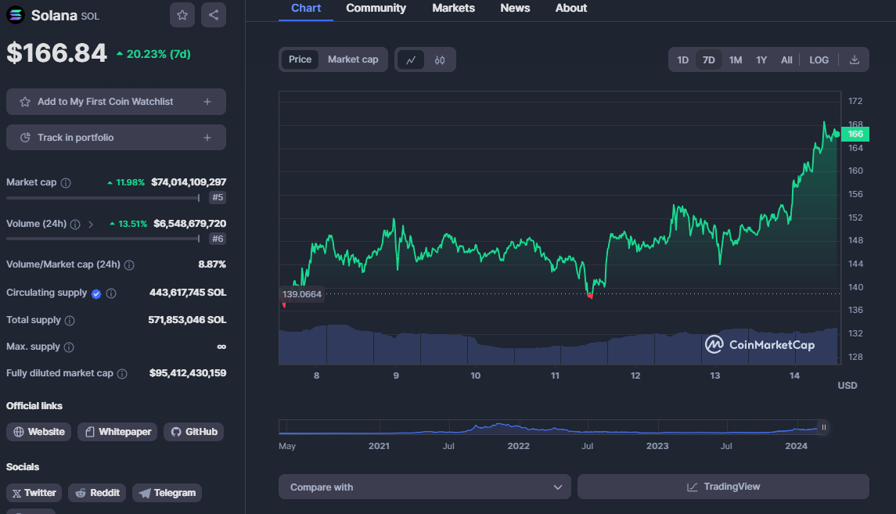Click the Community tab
click(376, 8)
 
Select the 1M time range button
click(736, 60)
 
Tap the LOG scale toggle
click(819, 60)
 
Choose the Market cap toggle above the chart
click(353, 59)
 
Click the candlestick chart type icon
click(440, 60)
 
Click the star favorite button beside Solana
click(182, 15)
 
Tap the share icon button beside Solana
click(214, 15)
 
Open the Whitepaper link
click(117, 432)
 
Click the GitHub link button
click(194, 432)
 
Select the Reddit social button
click(97, 493)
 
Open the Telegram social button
click(167, 493)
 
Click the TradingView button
click(723, 487)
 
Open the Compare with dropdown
click(425, 487)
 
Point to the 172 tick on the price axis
click(855, 101)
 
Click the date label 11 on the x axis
click(555, 376)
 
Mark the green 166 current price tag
click(855, 134)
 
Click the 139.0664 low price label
click(302, 294)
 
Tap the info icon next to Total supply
click(70, 321)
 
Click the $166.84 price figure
click(56, 53)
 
